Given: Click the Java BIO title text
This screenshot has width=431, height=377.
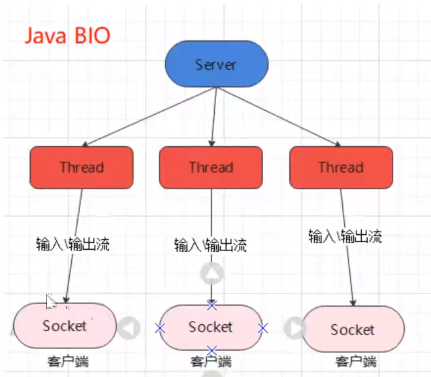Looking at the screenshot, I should click(x=68, y=35).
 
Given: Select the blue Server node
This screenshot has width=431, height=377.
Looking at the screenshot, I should click(x=215, y=65).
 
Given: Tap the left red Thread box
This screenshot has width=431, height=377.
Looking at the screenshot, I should click(x=82, y=167).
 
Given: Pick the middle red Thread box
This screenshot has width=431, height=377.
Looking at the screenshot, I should click(x=211, y=167).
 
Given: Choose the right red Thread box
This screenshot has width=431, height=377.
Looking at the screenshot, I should click(x=341, y=167).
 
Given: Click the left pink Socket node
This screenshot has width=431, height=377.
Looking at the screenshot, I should click(x=65, y=325).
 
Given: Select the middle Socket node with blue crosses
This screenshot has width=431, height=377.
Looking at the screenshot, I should click(x=211, y=327).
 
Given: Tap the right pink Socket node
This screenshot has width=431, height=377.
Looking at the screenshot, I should click(x=353, y=329).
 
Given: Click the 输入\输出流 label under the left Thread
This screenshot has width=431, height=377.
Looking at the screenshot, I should click(x=72, y=245).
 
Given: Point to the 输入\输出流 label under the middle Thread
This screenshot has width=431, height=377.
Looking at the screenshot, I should click(x=210, y=245).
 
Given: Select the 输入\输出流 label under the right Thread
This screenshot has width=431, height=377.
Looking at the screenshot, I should click(x=345, y=236).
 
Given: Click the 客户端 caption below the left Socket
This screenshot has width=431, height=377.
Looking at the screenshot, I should click(x=67, y=360).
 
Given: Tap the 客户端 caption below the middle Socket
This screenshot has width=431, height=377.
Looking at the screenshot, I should click(x=211, y=361).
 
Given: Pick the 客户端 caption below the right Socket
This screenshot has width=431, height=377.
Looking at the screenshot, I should click(x=356, y=361).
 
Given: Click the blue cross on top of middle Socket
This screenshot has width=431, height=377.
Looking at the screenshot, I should click(x=211, y=305).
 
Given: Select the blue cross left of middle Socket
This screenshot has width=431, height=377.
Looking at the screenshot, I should click(x=159, y=327).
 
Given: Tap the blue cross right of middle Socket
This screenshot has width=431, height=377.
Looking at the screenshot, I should click(x=263, y=328).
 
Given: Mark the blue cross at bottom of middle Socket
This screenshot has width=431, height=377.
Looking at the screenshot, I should click(x=211, y=350).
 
